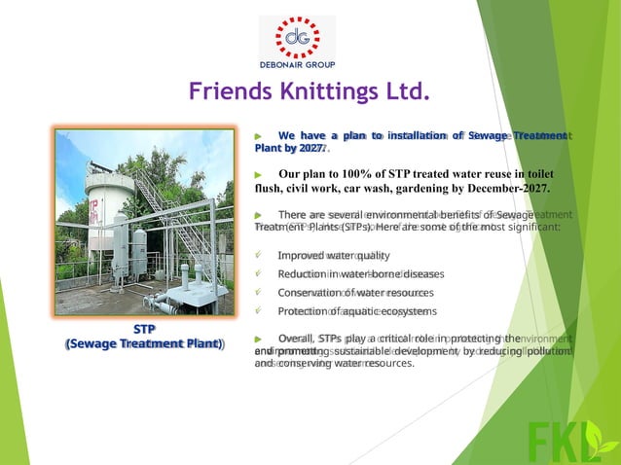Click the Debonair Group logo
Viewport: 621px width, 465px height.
click(x=297, y=42)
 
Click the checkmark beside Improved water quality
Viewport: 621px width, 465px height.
click(x=258, y=255)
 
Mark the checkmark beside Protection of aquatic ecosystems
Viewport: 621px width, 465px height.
click(x=258, y=311)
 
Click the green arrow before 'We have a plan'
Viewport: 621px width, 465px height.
click(x=258, y=135)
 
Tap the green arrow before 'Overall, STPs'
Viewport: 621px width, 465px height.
click(x=258, y=338)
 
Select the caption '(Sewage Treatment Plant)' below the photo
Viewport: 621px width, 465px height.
click(x=143, y=344)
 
